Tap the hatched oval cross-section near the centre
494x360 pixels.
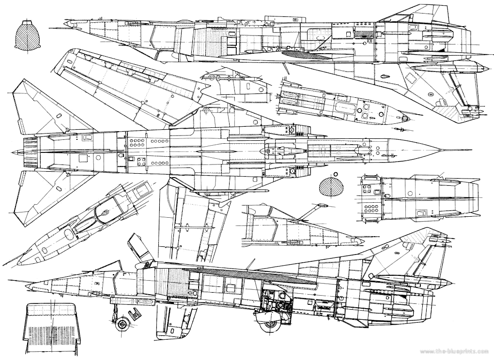pyautogui.click(x=331, y=187)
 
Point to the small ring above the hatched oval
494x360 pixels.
pyautogui.click(x=335, y=174)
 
